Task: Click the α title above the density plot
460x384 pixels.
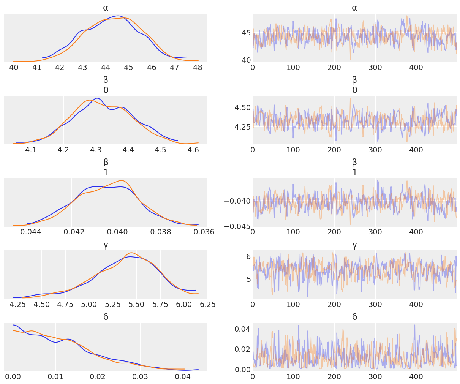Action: [106, 8]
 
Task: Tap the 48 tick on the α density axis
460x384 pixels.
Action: [198, 68]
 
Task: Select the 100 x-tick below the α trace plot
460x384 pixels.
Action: [293, 68]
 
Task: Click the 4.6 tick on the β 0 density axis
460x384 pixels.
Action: [193, 150]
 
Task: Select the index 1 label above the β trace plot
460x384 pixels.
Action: [354, 173]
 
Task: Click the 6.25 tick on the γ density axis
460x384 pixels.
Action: [207, 305]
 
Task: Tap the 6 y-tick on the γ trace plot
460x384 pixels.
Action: [248, 257]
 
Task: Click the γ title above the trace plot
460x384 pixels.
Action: [354, 245]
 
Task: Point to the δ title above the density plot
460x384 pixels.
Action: [106, 317]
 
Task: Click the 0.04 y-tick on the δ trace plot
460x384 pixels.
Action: [242, 329]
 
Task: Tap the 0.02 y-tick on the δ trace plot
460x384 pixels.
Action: [242, 349]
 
